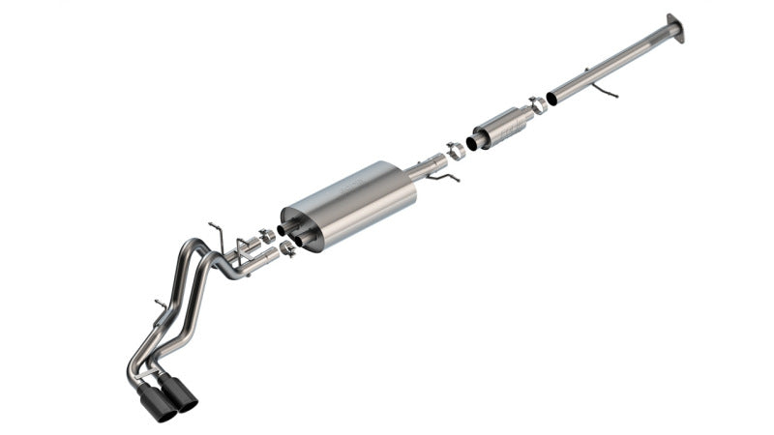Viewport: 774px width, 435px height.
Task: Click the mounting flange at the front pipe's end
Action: tap(674, 28)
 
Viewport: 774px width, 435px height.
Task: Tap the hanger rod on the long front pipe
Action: tap(606, 91)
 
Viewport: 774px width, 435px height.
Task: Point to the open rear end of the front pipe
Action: tap(551, 98)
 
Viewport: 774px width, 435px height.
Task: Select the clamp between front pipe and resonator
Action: tap(537, 106)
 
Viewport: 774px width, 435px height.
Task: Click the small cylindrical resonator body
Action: tap(504, 125)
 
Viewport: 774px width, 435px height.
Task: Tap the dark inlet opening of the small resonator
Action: tap(472, 142)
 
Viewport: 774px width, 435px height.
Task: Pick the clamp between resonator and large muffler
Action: tap(455, 152)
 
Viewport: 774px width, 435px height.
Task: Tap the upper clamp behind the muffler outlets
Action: tap(266, 236)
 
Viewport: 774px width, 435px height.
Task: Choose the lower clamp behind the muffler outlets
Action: tap(286, 249)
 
